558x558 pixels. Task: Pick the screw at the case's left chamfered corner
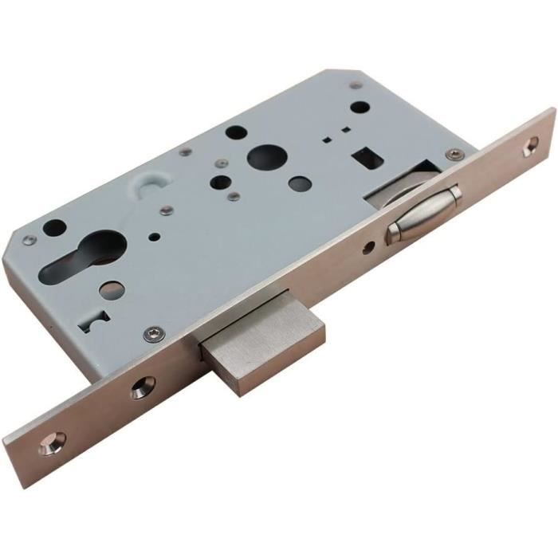pyautogui.click(x=30, y=239)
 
